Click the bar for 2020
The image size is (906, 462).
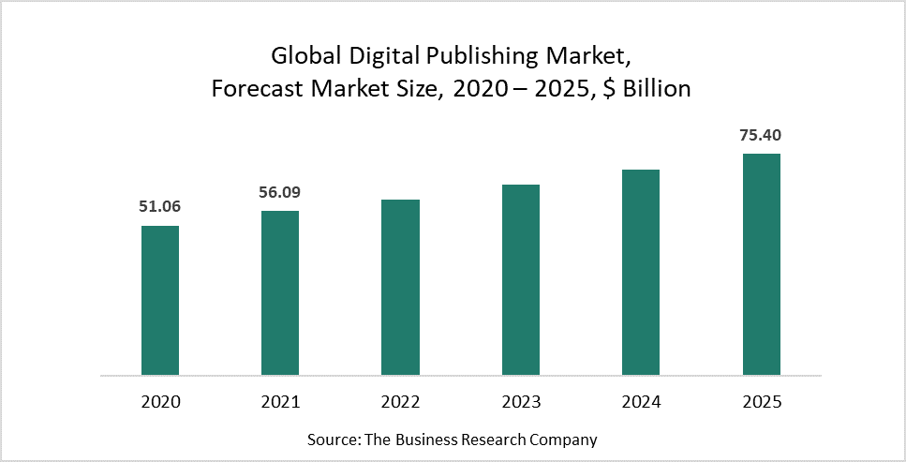coord(160,300)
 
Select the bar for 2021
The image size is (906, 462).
coord(280,292)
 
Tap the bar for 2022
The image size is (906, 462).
coord(400,287)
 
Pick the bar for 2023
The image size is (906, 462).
coord(521,279)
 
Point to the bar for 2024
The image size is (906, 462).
coord(641,272)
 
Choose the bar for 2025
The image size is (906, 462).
coord(761,263)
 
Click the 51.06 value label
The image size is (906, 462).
coord(160,207)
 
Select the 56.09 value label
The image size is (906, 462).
coord(280,192)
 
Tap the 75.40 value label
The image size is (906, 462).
coord(761,135)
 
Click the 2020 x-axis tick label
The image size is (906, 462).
coord(160,402)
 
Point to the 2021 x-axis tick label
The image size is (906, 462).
coord(280,402)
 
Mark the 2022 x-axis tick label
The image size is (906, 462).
coord(400,402)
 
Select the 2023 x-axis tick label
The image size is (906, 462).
coord(521,402)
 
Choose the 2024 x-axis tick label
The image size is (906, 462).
coord(641,402)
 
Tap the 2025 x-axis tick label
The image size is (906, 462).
coord(761,402)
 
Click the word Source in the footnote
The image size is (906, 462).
coord(330,439)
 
